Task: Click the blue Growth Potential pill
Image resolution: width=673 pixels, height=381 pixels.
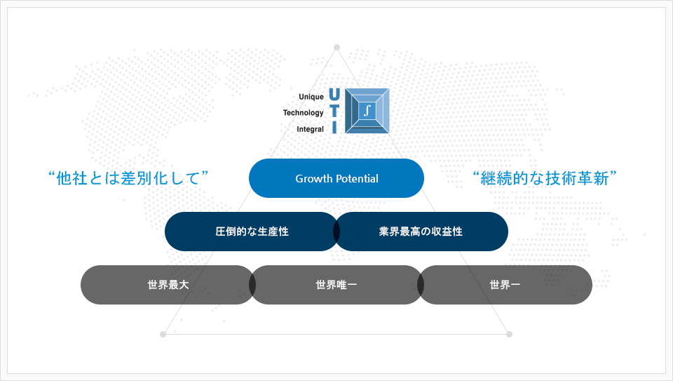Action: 336,178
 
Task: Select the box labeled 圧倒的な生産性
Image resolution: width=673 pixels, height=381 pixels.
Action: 252,232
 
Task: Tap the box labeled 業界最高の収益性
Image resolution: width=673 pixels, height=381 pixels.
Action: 421,232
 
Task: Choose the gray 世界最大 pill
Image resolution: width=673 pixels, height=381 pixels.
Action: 168,285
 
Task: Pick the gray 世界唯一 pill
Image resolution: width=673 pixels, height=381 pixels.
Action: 336,285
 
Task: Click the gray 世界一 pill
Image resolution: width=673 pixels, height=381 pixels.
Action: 505,285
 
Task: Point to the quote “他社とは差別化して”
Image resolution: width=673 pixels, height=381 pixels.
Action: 128,178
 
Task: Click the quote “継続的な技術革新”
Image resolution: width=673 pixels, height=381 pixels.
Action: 544,178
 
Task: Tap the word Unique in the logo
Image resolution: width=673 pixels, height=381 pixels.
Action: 311,97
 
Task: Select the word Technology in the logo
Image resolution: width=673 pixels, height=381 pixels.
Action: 303,113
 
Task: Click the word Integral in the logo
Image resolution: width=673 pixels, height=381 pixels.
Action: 311,129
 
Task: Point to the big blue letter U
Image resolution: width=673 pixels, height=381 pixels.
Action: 334,95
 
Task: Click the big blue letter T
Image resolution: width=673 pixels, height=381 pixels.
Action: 334,110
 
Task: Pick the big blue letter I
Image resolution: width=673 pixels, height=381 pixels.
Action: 334,127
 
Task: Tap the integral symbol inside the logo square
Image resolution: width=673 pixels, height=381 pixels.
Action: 367,110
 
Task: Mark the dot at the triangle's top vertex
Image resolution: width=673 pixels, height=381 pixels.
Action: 337,47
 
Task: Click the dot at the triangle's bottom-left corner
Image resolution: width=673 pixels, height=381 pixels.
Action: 163,334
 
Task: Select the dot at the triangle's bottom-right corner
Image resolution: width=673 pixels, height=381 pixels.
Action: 509,334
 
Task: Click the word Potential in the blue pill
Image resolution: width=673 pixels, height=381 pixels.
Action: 357,179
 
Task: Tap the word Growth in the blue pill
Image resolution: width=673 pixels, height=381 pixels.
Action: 314,179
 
